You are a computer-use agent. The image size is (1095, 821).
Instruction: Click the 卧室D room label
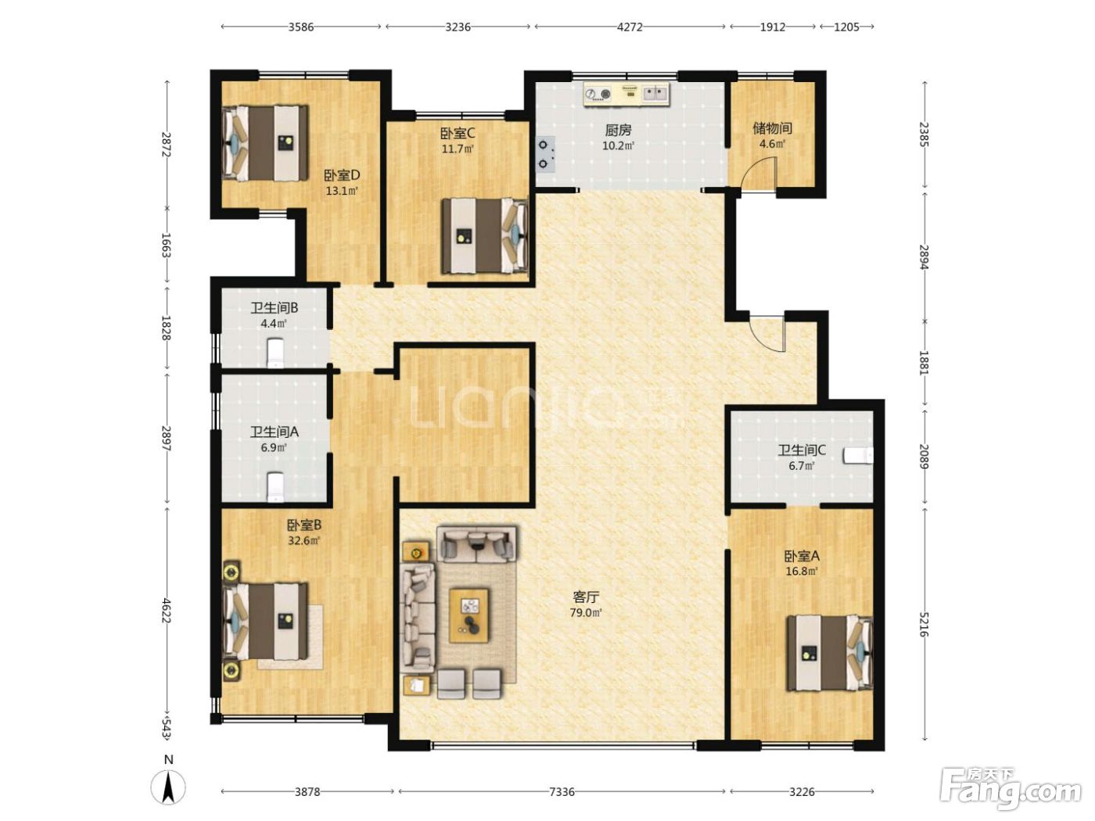[342, 175]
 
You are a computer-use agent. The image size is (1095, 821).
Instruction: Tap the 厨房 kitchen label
[618, 130]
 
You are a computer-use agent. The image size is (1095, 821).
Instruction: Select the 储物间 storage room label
[772, 128]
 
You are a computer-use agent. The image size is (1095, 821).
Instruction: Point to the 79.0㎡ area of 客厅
[586, 613]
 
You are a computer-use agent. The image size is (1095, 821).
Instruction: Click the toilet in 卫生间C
[857, 456]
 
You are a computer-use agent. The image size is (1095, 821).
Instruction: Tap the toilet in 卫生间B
[275, 353]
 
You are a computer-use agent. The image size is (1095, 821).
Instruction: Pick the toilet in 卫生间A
[275, 487]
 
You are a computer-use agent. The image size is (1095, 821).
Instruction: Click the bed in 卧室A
[829, 653]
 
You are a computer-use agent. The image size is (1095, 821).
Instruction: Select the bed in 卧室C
[484, 235]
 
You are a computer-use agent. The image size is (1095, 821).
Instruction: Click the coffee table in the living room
[469, 615]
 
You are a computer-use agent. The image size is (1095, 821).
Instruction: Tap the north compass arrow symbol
[169, 787]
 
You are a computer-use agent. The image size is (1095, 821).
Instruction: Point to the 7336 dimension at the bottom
[562, 791]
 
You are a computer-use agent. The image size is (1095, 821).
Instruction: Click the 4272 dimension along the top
[630, 27]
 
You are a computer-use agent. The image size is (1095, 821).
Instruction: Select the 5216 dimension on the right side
[924, 624]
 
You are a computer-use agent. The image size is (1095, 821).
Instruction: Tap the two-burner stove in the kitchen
[544, 154]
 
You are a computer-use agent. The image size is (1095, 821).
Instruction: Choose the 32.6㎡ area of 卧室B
[303, 540]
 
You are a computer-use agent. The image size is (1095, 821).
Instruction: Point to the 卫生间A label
[274, 432]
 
